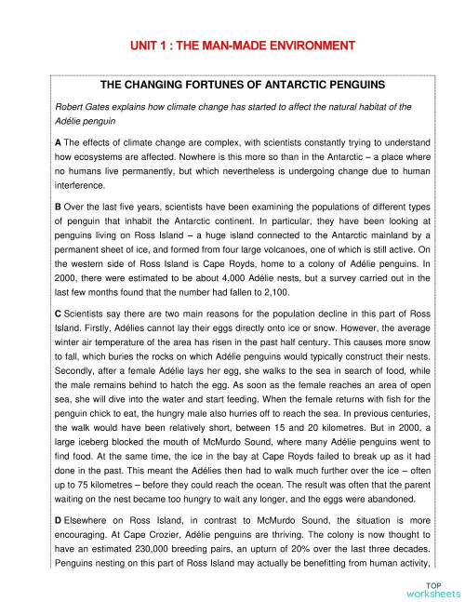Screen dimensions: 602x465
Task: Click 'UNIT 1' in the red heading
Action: tap(149, 45)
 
